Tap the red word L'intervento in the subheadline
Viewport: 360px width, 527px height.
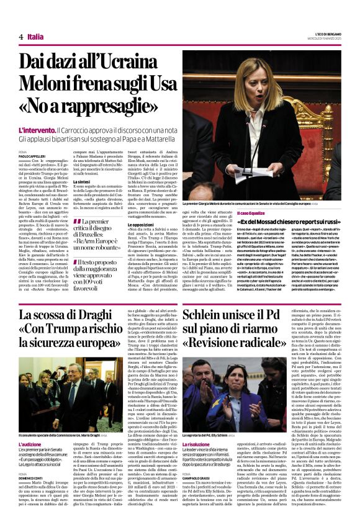tap(36, 130)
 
